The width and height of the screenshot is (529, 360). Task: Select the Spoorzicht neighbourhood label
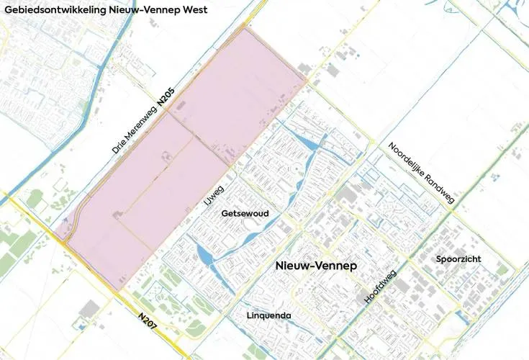tap(458, 258)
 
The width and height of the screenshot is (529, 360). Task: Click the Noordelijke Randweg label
tap(421, 172)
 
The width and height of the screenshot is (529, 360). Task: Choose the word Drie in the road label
tap(119, 145)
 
